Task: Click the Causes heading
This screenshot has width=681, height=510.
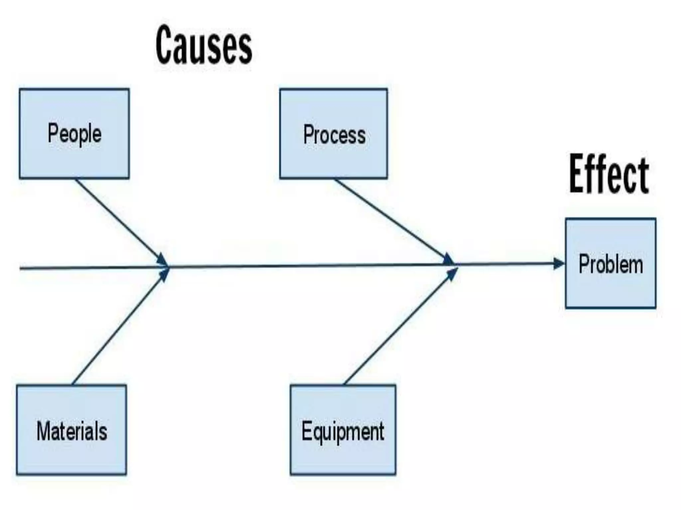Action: click(x=204, y=45)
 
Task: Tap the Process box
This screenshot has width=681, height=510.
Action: click(x=334, y=159)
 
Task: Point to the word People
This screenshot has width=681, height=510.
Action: click(x=74, y=134)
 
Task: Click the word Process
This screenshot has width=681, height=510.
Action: click(x=334, y=135)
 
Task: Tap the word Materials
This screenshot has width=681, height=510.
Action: click(x=72, y=431)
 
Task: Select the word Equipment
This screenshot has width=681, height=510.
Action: click(x=343, y=431)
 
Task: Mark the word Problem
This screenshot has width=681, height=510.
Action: click(x=611, y=264)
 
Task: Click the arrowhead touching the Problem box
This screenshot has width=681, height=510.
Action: click(x=559, y=264)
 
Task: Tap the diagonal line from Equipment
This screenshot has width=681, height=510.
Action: click(x=396, y=329)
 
